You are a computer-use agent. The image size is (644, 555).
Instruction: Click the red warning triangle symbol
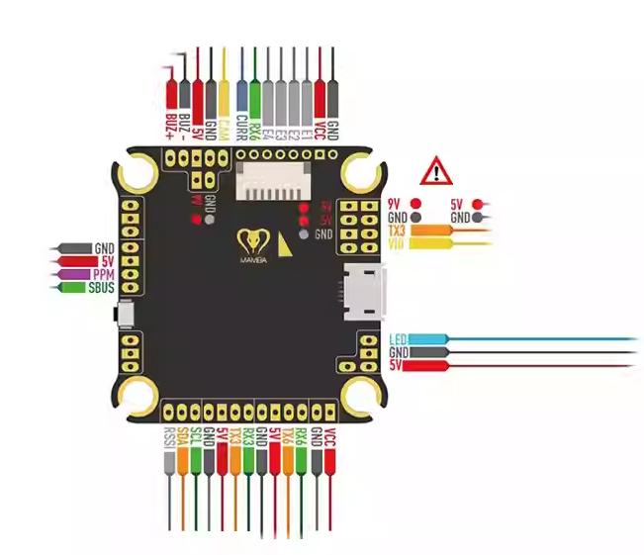[434, 171]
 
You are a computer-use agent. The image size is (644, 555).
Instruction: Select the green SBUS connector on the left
[77, 287]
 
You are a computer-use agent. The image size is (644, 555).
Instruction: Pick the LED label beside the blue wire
[399, 338]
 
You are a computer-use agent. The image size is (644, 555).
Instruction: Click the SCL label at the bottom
[196, 438]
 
